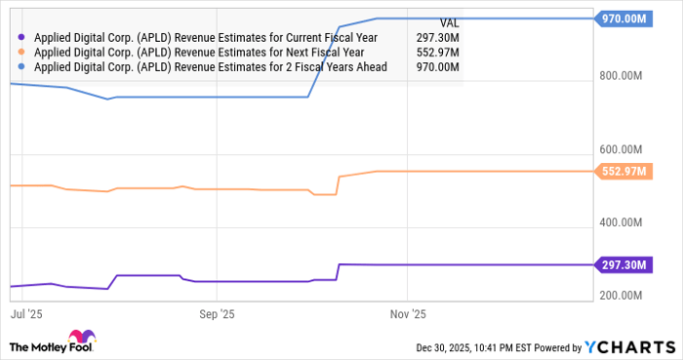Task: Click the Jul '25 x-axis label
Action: pos(26,314)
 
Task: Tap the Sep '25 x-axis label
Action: pos(217,314)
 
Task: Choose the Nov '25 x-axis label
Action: pos(408,314)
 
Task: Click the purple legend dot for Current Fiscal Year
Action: pos(21,38)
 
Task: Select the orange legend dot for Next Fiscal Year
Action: pos(21,53)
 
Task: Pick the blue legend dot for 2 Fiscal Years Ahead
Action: pos(21,67)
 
